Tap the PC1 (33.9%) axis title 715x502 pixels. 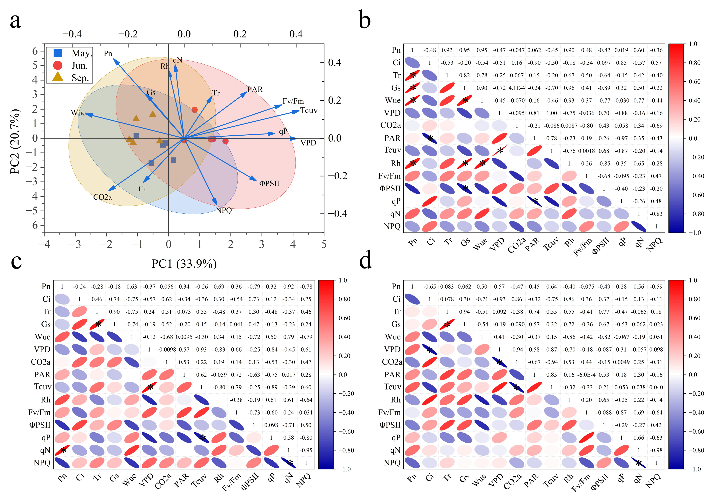[184, 264]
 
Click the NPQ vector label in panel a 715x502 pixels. [224, 211]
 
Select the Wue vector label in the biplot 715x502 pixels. [78, 113]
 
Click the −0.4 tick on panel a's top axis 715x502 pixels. [72, 34]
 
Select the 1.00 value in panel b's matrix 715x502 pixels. [552, 113]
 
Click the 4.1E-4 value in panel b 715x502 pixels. [517, 88]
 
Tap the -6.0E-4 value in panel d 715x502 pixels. [586, 375]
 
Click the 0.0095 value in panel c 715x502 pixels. [184, 337]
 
